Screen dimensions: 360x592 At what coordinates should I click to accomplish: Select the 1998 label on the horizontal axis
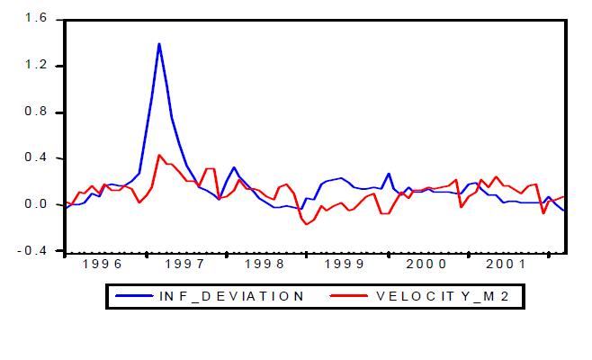(x=266, y=265)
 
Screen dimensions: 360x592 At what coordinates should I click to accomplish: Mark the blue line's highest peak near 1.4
(x=159, y=43)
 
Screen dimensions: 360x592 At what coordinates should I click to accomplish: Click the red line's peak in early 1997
(x=159, y=155)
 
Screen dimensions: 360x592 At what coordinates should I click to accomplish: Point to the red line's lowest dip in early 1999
(x=307, y=224)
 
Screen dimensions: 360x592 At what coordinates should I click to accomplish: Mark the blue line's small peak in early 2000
(x=389, y=174)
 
